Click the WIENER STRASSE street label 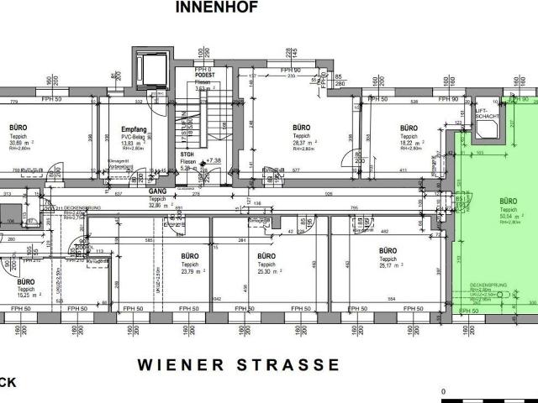[x=240, y=365]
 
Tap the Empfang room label [x=134, y=129]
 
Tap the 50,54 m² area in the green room [x=508, y=216]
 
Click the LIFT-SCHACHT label [x=483, y=115]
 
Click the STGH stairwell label [x=187, y=154]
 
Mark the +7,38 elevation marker [x=213, y=160]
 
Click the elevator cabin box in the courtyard [x=153, y=66]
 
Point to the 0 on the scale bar [x=444, y=392]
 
